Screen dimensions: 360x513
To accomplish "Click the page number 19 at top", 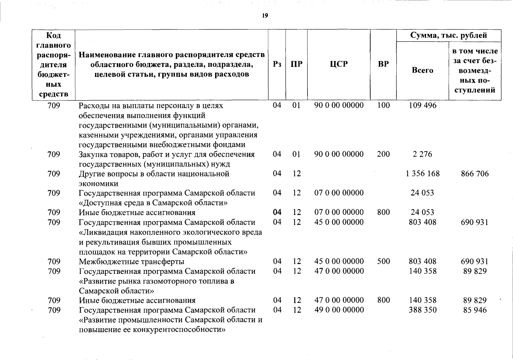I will [265, 16].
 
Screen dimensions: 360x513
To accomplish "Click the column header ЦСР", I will [338, 64].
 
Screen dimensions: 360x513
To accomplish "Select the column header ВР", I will [383, 64].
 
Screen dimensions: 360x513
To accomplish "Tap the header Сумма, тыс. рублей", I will [448, 35].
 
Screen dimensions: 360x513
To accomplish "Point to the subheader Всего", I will [422, 70].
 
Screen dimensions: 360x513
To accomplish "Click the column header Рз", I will [277, 64].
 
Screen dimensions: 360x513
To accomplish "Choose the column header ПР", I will [296, 64].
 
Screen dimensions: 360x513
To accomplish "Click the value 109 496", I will [423, 105].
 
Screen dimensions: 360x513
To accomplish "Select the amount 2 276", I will [422, 154].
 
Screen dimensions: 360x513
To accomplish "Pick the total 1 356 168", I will [422, 174].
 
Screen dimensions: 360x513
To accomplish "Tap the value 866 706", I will [475, 174].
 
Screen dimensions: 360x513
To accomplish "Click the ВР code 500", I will [383, 261].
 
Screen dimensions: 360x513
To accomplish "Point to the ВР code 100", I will [383, 105].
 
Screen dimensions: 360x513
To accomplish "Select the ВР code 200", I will [383, 154].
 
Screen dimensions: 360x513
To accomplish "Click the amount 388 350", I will [422, 310].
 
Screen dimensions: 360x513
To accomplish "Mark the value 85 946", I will [475, 310].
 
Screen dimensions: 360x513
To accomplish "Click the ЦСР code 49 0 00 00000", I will [339, 310].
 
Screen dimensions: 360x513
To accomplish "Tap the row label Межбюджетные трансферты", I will [131, 262].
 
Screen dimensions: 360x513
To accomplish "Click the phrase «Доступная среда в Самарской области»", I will [153, 203].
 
